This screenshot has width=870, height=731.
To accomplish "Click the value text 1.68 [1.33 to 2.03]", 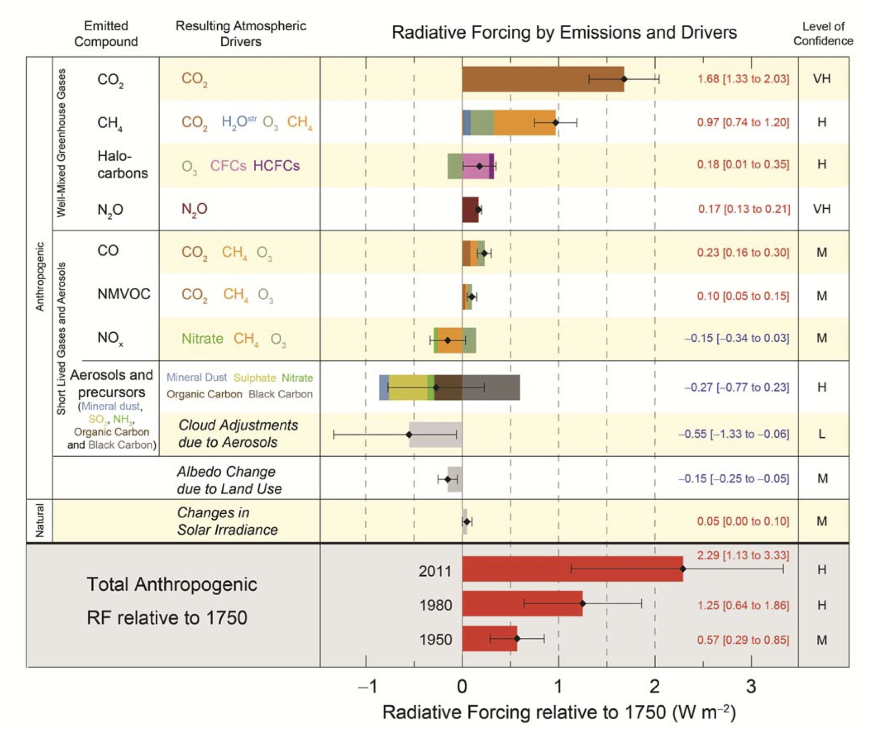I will (743, 79).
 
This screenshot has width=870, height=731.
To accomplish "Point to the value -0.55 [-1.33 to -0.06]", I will (733, 434).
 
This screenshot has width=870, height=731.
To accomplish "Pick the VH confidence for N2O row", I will (821, 209).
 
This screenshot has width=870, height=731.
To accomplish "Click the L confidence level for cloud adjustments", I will (821, 434).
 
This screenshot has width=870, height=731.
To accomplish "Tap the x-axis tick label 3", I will (751, 687).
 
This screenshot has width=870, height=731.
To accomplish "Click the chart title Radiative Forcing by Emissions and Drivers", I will (564, 33).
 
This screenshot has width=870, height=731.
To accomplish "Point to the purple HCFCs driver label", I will (276, 166).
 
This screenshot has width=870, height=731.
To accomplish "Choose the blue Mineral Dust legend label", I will (196, 377).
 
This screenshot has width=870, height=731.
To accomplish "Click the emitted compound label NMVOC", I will (124, 294).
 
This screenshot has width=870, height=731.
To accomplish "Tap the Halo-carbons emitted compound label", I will (122, 165).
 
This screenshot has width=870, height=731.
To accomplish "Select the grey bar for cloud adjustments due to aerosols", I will (435, 434).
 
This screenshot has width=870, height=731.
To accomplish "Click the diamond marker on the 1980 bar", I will (582, 604).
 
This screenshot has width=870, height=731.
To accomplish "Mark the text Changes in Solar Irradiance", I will (227, 521).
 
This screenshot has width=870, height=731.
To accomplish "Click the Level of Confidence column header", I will (823, 34).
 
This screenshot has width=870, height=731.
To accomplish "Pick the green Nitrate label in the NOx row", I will (202, 339).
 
